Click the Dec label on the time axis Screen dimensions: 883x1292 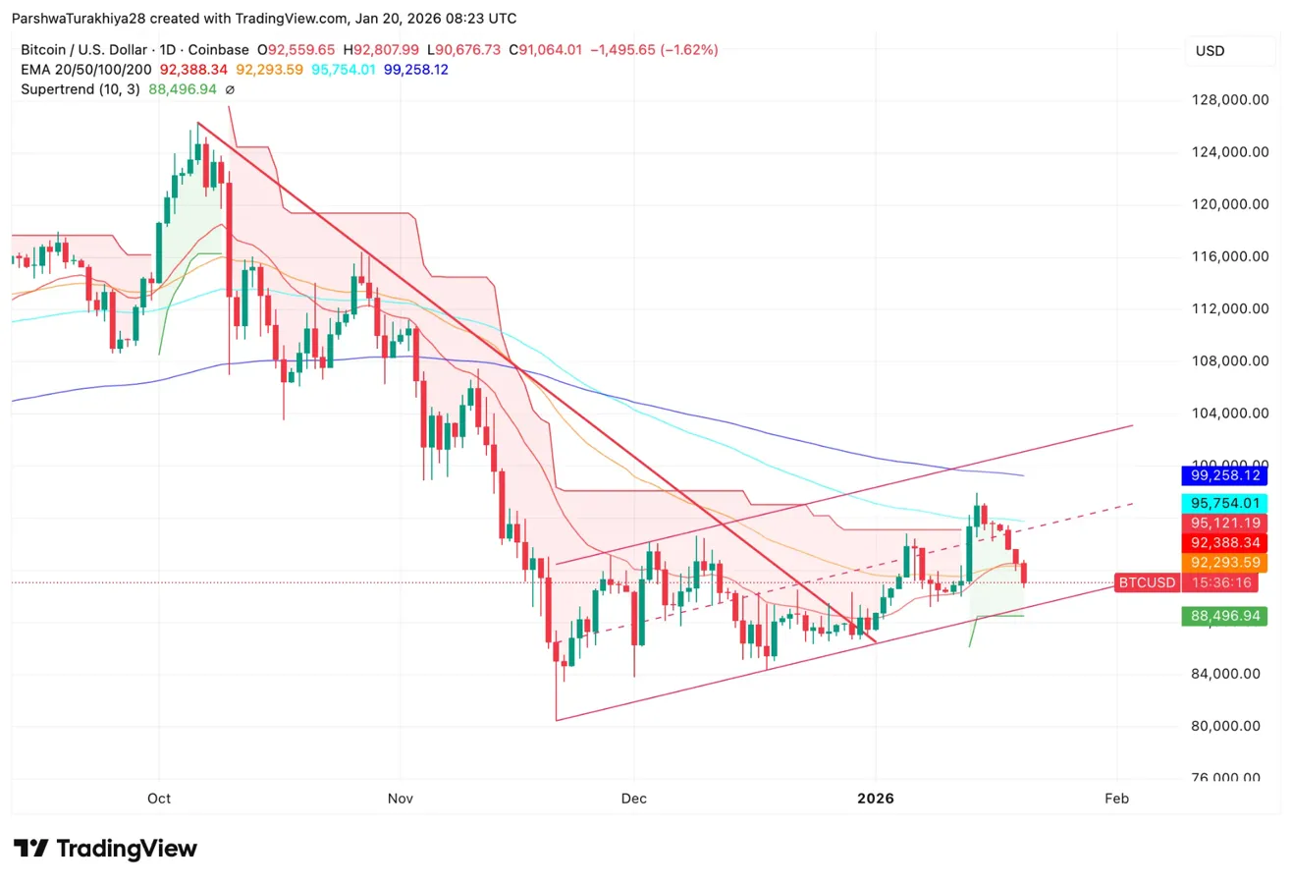tap(634, 799)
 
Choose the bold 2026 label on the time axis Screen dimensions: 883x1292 tap(875, 799)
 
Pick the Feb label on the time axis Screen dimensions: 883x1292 tap(1116, 799)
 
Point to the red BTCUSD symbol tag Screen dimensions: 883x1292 tap(1147, 582)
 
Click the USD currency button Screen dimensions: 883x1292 tap(1210, 51)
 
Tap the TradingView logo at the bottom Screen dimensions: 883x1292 tap(105, 849)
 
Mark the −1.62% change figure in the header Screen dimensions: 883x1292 tap(691, 49)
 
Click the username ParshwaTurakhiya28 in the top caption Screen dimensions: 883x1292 tap(79, 18)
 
